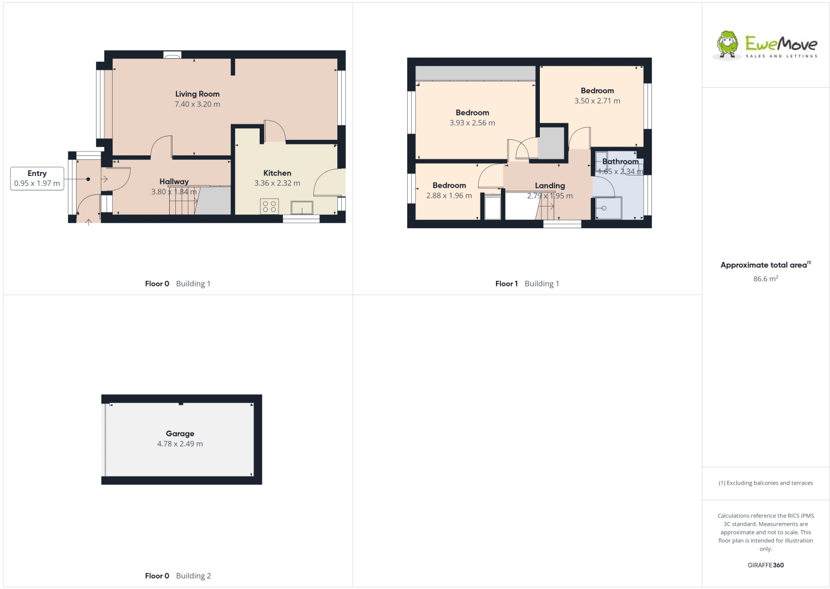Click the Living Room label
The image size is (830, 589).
coord(197,94)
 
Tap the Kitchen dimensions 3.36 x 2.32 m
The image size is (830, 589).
coord(277,183)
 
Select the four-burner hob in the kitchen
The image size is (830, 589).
coord(269,207)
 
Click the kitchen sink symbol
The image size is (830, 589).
coord(302,208)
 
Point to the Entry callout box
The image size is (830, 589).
coord(37,178)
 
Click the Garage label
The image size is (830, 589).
coord(180,434)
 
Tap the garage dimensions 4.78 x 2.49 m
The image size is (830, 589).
coord(180,444)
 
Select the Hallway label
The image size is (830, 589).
coord(174,182)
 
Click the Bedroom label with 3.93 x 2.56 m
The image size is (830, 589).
coord(472,113)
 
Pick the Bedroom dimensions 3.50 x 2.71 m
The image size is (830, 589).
coord(597,101)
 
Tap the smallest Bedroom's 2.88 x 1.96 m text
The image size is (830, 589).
coord(449,196)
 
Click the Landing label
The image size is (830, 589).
coord(550,185)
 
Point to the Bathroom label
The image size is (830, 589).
coord(620,162)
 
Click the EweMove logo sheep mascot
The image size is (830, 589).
coord(727,44)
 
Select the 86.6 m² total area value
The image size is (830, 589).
coord(765,279)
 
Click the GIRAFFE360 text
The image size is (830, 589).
coord(765,565)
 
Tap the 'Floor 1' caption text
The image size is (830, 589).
coord(506,284)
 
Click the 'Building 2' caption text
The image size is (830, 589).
coord(193,576)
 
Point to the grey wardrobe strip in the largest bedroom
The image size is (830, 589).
coord(475,73)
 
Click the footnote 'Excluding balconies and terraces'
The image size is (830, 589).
coord(769,483)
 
